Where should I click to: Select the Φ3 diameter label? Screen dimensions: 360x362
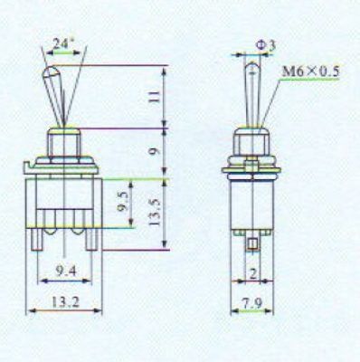pos(266,45)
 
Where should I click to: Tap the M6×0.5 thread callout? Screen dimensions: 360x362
pos(310,71)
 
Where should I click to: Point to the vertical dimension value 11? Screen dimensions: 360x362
pos(155,97)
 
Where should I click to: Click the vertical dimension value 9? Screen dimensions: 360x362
pos(155,150)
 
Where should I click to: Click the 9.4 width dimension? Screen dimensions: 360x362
pos(66,271)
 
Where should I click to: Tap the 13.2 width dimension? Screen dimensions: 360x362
pos(65,302)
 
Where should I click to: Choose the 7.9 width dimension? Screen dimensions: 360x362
pos(252,303)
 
